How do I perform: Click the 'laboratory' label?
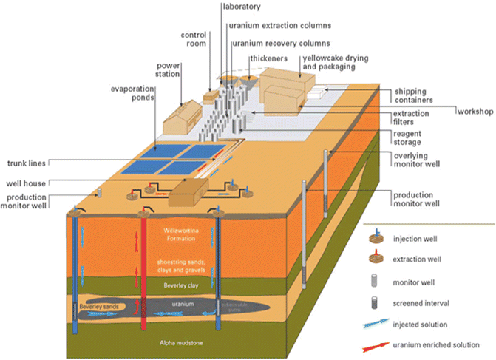point(242,7)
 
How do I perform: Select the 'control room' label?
point(194,38)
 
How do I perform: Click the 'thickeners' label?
point(265,56)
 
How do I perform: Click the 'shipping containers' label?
point(413,95)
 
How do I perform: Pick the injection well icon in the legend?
point(378,237)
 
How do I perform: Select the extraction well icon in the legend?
point(378,259)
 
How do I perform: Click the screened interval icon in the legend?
point(377,302)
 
